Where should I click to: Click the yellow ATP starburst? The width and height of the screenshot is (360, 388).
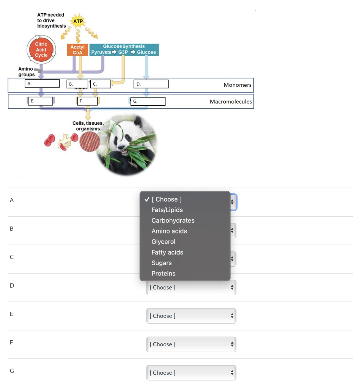(x=78, y=22)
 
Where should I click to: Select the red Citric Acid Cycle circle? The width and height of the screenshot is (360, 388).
(x=41, y=50)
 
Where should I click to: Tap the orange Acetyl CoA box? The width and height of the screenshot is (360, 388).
(x=77, y=50)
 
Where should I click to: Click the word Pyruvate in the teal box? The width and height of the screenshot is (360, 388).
(x=101, y=52)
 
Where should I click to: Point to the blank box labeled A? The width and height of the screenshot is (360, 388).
(x=42, y=84)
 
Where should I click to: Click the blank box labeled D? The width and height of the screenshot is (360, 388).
(x=151, y=84)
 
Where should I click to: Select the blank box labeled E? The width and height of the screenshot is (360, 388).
(x=40, y=101)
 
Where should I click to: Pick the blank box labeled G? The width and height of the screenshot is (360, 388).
(x=148, y=101)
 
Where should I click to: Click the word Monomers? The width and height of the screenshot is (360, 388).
(x=237, y=85)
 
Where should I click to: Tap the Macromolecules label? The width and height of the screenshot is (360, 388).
(x=231, y=102)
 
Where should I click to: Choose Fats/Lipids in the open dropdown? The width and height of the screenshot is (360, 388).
(x=167, y=210)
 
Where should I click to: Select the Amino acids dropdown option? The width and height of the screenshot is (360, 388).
(x=169, y=231)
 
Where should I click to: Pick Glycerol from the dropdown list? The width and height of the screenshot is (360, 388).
(x=163, y=242)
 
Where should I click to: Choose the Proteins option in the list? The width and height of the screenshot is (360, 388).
(x=163, y=274)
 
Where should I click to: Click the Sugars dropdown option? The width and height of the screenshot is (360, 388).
(x=162, y=263)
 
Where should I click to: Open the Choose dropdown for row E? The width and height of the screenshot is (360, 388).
(x=191, y=316)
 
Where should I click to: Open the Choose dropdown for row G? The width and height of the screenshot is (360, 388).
(x=191, y=373)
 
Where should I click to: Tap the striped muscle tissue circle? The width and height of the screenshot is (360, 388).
(x=90, y=142)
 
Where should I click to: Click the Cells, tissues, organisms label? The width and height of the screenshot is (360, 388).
(x=88, y=126)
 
